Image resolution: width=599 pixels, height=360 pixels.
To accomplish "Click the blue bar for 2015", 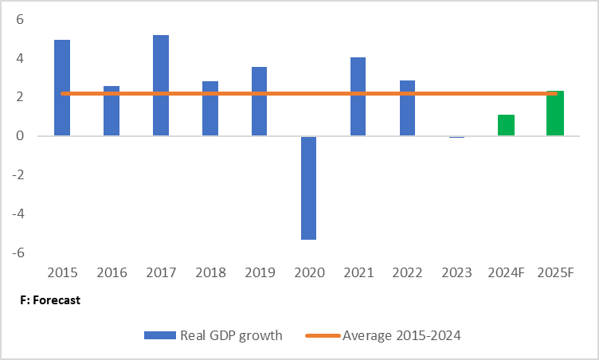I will coord(62,88).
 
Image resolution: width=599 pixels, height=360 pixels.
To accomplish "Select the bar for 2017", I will coord(161,85).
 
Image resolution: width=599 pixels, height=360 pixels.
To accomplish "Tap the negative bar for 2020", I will coord(308,188).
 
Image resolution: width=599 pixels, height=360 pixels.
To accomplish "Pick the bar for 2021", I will coord(358,96).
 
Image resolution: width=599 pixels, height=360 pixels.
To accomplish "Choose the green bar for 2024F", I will coord(506,125).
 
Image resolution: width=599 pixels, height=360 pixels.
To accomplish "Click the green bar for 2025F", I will coord(555,113).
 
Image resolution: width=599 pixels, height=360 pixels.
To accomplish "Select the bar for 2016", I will coord(112,111).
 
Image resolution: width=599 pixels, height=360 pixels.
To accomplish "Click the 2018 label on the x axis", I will coord(210,273).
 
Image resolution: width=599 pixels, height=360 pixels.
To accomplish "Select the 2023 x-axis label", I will coord(456,273).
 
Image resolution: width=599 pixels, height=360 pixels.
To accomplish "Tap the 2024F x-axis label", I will coord(506,273).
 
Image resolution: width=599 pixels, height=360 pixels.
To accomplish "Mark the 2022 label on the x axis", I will coord(407,273).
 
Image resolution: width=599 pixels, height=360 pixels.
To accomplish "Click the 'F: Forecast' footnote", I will coord(51,301).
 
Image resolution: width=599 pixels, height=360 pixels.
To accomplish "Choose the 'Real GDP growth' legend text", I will coord(231,335).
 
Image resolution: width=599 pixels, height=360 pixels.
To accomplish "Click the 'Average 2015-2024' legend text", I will coord(401,335).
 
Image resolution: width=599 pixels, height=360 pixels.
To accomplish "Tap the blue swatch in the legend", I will coord(160,335).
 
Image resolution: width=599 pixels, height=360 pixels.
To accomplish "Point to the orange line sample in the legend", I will coord(323,335).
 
